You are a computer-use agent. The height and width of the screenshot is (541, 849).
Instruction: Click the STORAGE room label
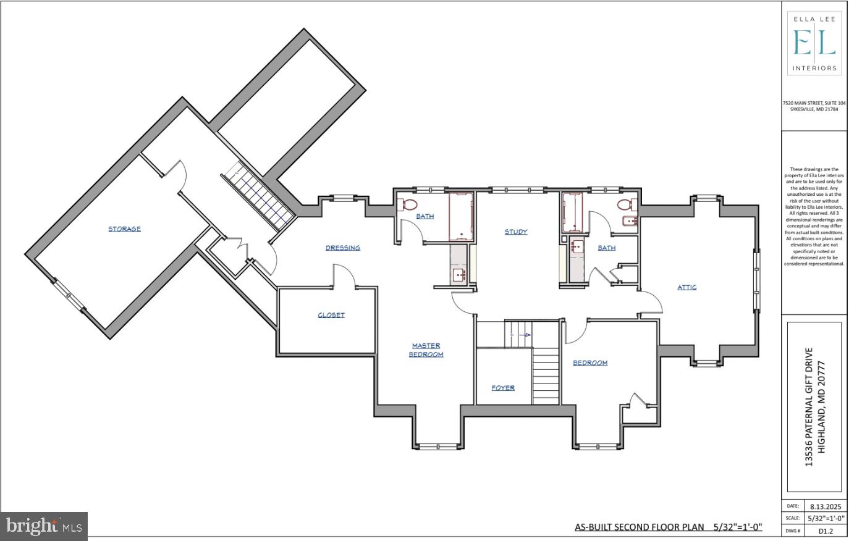click(x=124, y=229)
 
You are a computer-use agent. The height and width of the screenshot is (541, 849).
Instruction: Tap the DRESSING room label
click(x=343, y=248)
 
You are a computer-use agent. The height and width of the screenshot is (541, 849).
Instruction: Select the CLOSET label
click(x=331, y=315)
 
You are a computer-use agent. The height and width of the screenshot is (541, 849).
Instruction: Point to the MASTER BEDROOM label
click(x=426, y=350)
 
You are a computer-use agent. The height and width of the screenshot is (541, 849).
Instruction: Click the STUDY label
click(x=516, y=232)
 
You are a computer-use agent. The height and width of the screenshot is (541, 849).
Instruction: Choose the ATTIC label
click(x=687, y=287)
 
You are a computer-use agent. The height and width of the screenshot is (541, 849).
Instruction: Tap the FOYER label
click(x=503, y=388)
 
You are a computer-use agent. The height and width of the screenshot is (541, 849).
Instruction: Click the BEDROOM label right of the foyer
click(x=590, y=363)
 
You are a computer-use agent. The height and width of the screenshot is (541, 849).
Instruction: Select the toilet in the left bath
click(x=408, y=204)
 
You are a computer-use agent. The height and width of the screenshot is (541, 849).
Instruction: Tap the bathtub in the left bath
click(x=461, y=216)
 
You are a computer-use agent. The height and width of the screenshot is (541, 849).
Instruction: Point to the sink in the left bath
click(x=458, y=274)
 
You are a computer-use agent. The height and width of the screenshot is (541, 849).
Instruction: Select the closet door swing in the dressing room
click(x=344, y=276)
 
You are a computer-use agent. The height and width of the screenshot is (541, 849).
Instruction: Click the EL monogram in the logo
click(x=814, y=43)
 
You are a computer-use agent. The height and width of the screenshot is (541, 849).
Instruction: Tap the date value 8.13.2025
click(x=825, y=506)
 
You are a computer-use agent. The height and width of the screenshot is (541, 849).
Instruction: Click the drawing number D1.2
click(x=825, y=531)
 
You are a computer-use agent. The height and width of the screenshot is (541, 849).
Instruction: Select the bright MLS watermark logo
click(x=44, y=526)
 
